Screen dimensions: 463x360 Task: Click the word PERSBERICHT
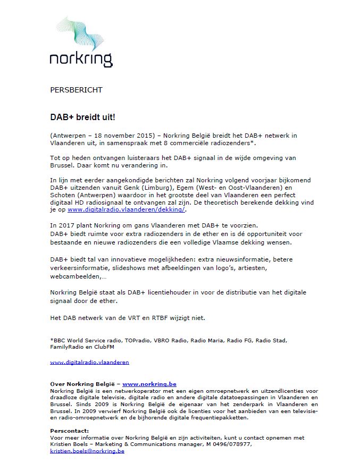coord(76,90)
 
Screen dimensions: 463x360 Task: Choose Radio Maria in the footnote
coord(219,339)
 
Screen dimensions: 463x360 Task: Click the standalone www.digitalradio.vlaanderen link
coord(89,362)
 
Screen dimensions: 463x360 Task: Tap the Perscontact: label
coord(70,431)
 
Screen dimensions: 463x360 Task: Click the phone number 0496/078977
coord(232,444)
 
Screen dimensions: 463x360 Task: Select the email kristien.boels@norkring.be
coord(87,451)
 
